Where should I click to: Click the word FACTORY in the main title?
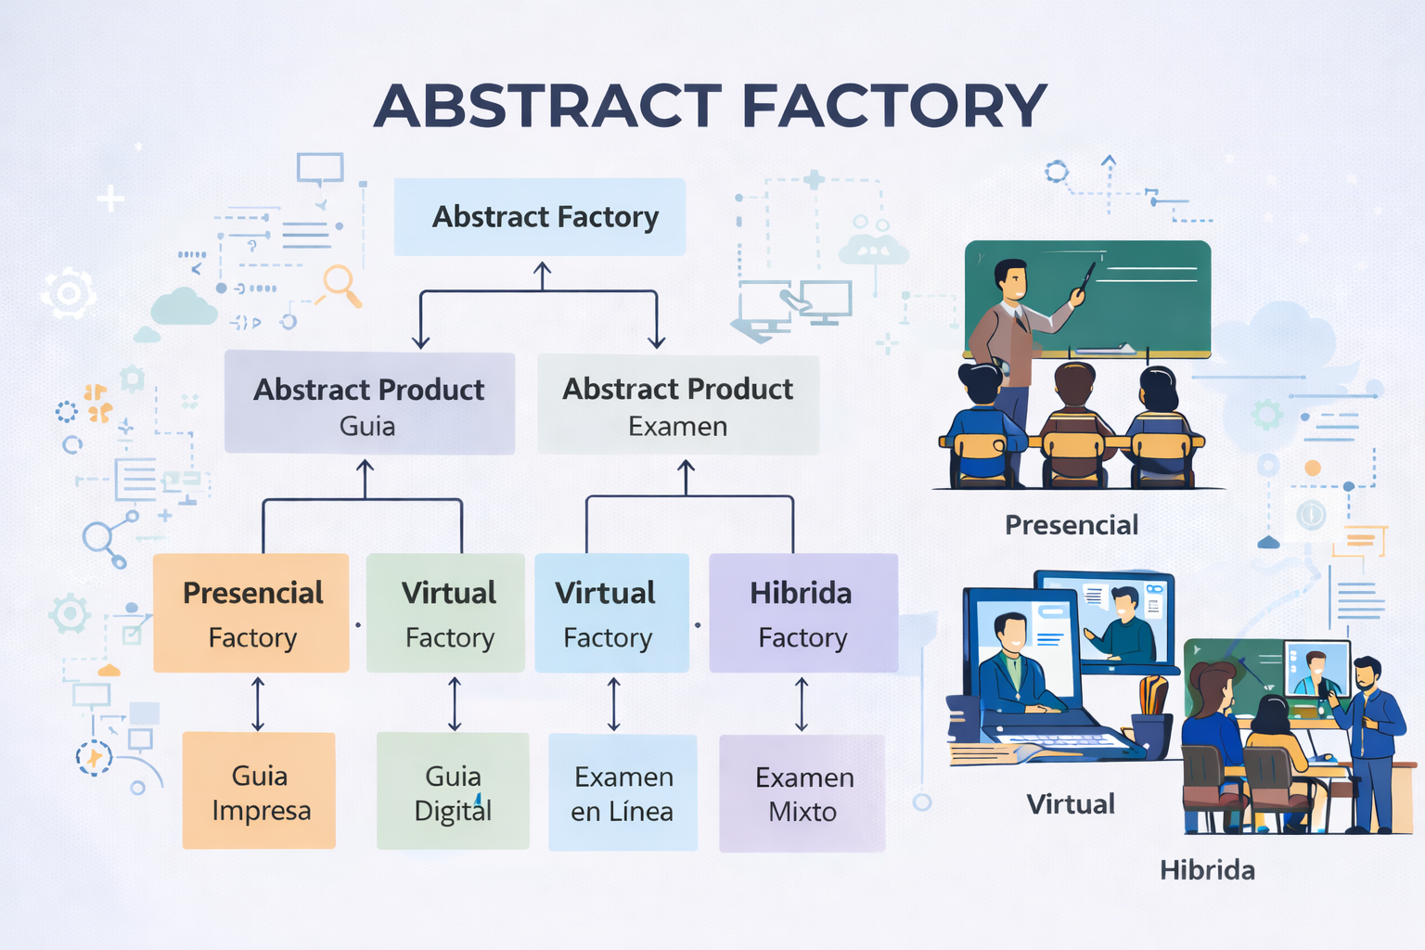[893, 106]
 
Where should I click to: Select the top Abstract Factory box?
[539, 217]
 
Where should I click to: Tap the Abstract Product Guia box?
[369, 403]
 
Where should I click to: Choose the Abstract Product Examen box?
[678, 404]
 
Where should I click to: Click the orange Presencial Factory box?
[251, 612]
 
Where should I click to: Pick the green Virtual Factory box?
[445, 612]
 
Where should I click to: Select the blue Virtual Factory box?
[612, 612]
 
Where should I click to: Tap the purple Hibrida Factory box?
[803, 612]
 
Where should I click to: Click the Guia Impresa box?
[259, 790]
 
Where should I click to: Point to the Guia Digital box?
[453, 791]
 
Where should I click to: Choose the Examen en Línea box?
[623, 793]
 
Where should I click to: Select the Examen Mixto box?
[802, 793]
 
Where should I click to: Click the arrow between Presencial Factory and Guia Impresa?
[258, 704]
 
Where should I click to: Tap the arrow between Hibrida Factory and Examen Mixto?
[802, 704]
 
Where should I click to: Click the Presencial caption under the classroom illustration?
[1072, 525]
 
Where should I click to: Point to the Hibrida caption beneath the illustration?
[1207, 870]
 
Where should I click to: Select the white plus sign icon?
[110, 199]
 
